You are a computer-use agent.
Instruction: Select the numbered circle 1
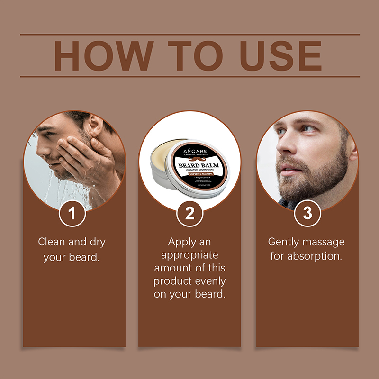72,213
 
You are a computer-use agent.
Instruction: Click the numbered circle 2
189,213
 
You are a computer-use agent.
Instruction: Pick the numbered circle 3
307,213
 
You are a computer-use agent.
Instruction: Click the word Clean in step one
52,242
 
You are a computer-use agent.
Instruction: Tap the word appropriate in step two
189,255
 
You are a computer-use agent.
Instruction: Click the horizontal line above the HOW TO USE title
189,34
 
